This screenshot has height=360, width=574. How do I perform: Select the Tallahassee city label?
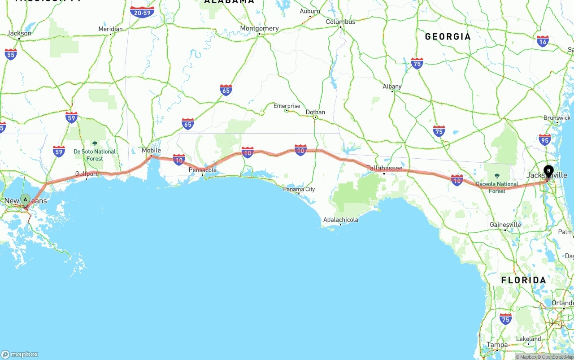click(384, 168)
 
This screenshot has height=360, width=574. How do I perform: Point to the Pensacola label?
click(203, 170)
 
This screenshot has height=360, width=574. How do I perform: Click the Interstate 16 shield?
click(543, 41)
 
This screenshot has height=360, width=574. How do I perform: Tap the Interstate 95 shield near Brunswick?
click(545, 139)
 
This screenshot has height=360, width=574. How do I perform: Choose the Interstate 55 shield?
click(11, 54)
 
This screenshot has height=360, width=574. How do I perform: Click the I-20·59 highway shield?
click(142, 12)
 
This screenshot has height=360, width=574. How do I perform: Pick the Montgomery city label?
click(259, 28)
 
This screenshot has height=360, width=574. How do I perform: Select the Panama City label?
click(299, 189)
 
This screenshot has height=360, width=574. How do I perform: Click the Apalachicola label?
click(341, 220)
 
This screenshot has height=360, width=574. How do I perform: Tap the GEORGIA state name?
click(448, 37)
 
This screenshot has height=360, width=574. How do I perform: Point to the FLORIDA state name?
click(523, 280)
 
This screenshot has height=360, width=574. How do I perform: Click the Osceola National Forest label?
click(497, 187)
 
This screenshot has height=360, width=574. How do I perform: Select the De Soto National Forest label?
click(95, 155)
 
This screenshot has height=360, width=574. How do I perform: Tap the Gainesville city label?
click(505, 225)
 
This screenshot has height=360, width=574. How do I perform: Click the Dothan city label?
click(315, 112)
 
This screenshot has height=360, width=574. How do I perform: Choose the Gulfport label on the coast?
click(87, 173)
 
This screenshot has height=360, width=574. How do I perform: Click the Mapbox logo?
click(20, 354)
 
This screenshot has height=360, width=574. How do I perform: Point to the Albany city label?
click(392, 87)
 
